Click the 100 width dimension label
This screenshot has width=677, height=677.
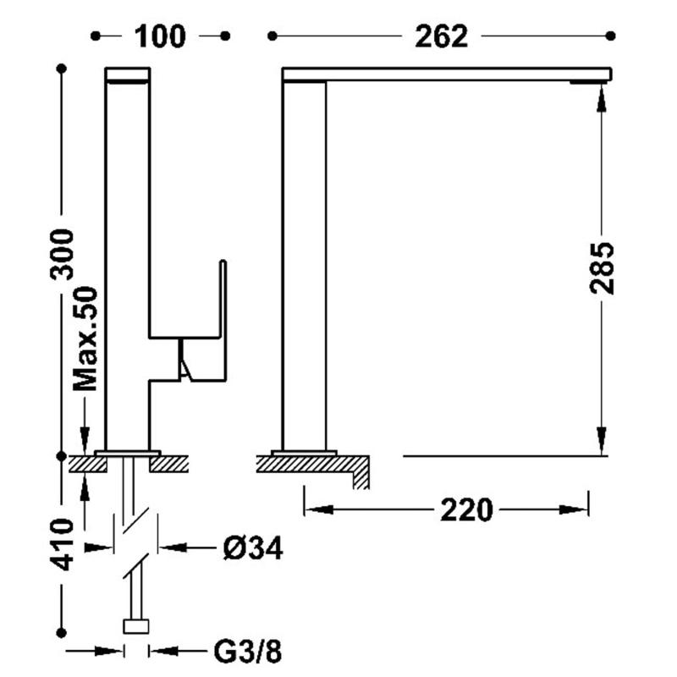[160, 36]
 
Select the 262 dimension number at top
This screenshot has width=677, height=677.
[441, 36]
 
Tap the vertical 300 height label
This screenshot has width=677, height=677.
[62, 255]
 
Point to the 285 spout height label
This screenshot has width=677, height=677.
[602, 268]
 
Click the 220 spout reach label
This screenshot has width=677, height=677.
[466, 510]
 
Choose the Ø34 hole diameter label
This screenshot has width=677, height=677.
[253, 548]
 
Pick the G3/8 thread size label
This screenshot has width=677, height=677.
[248, 652]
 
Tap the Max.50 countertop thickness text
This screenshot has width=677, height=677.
[85, 338]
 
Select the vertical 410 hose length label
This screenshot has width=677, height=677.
[62, 545]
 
